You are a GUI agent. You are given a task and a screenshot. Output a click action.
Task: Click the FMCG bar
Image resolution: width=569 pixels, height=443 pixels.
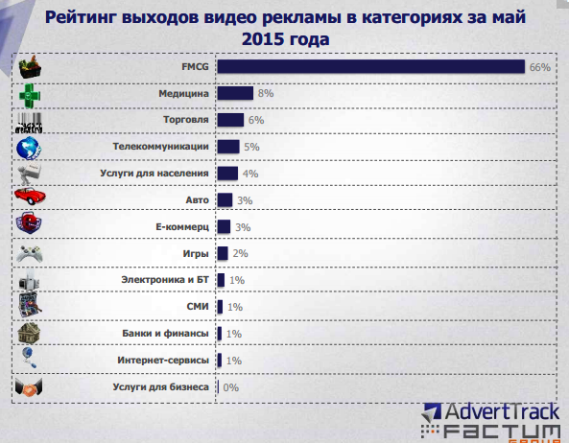click(370, 67)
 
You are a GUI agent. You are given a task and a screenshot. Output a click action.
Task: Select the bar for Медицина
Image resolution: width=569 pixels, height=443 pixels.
click(235, 94)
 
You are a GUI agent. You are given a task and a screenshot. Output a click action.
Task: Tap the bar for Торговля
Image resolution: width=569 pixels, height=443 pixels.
click(230, 121)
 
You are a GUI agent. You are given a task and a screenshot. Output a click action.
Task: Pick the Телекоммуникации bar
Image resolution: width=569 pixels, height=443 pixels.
click(228, 147)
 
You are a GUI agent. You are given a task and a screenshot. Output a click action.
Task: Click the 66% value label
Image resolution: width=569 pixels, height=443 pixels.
click(539, 68)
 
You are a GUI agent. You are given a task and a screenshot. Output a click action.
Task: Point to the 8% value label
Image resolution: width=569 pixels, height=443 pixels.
click(266, 94)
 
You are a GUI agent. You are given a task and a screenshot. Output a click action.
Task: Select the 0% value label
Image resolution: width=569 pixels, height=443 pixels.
click(230, 387)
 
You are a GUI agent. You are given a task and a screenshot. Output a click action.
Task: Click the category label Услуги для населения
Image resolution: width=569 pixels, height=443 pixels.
click(154, 174)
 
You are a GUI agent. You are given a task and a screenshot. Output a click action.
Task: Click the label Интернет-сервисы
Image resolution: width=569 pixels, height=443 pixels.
click(164, 361)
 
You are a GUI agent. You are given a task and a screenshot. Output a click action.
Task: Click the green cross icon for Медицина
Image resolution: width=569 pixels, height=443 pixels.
click(32, 94)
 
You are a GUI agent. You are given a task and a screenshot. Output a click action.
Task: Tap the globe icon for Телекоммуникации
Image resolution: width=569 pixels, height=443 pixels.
click(31, 147)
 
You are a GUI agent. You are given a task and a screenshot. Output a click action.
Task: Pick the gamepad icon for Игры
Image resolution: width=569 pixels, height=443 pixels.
click(32, 253)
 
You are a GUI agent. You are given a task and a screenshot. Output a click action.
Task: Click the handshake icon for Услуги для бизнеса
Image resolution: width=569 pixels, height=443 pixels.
click(32, 387)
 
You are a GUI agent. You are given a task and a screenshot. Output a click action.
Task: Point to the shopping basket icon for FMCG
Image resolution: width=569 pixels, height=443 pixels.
click(32, 67)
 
